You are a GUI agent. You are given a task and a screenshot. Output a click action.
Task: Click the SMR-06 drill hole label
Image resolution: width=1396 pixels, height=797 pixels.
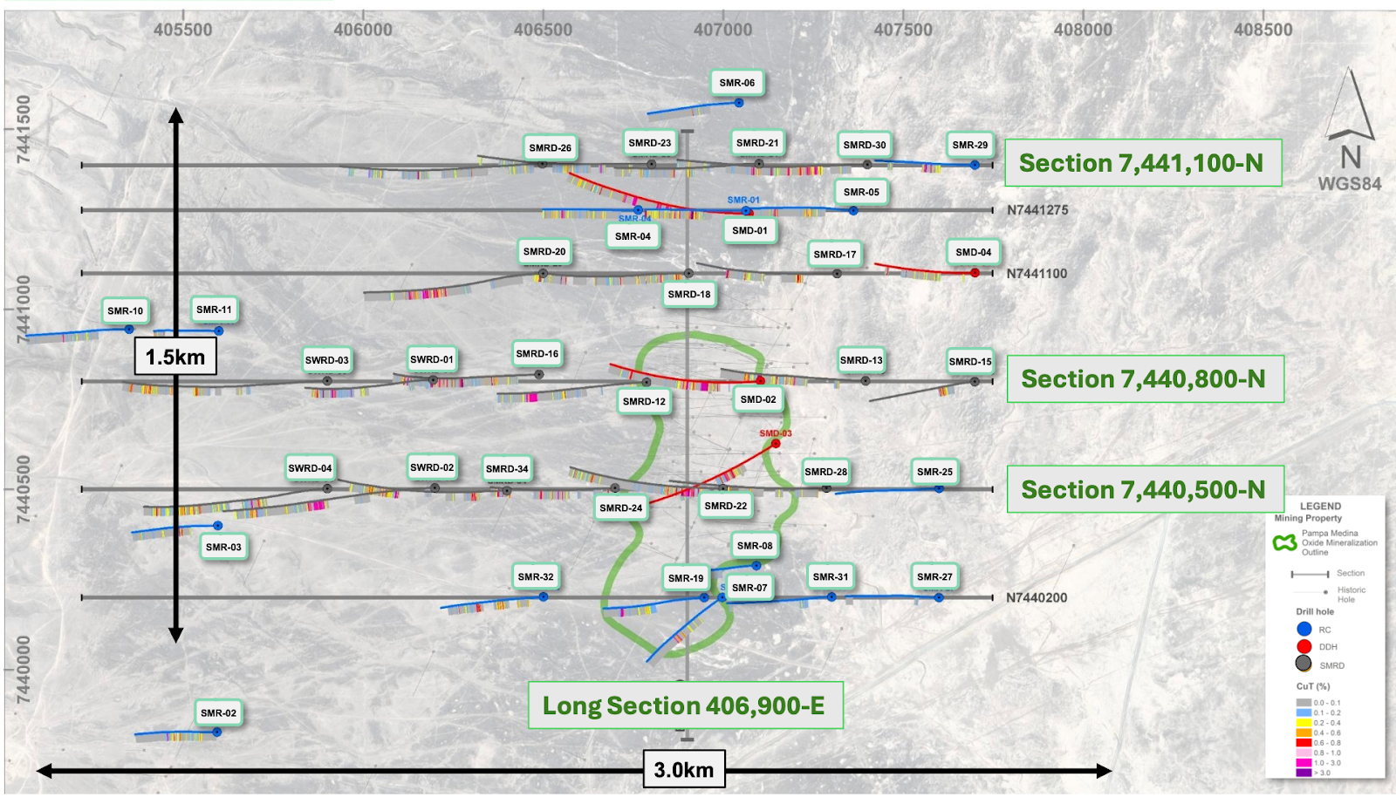[x=736, y=83]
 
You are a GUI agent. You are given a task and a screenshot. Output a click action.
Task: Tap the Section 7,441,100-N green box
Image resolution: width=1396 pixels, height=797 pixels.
[x=1142, y=163]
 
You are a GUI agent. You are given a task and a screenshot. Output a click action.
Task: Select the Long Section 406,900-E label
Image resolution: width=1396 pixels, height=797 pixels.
[x=685, y=705]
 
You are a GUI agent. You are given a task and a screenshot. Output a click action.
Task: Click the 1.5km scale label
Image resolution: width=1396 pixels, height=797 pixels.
[x=174, y=357]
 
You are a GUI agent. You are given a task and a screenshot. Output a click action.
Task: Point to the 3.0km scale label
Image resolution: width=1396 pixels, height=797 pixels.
[x=683, y=770]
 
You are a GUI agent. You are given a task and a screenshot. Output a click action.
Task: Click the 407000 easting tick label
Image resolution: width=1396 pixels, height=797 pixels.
[x=722, y=30]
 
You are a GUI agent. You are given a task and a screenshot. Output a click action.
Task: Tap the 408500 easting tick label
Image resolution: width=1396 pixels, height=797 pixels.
[x=1263, y=30]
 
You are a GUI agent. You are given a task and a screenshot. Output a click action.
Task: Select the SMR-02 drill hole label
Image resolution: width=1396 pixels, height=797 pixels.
[x=218, y=712]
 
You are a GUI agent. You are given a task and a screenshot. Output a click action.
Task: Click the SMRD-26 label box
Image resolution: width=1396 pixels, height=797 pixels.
[x=550, y=148]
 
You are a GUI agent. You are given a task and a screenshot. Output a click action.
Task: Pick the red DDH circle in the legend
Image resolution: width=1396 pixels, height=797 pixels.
[x=1304, y=646]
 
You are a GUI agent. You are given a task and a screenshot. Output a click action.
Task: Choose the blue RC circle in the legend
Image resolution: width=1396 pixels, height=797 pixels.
[x=1304, y=629]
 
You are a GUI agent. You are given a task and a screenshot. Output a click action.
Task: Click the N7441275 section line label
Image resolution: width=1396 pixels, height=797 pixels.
[x=1037, y=210]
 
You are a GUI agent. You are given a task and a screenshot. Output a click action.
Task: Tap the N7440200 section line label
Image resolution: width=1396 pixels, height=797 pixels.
[x=1037, y=598]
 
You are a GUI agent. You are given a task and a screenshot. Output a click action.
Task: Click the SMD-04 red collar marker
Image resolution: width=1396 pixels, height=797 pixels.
[x=975, y=273]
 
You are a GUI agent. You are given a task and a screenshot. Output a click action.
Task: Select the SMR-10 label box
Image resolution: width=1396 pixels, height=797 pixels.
[x=125, y=310]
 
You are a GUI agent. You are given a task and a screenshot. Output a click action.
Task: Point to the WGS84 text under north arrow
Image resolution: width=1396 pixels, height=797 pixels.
[x=1349, y=184]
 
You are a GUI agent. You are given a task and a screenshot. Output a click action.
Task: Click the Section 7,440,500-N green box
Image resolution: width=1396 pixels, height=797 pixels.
[x=1144, y=490]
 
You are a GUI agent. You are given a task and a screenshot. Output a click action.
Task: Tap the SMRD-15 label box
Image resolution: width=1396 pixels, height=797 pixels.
[x=970, y=361]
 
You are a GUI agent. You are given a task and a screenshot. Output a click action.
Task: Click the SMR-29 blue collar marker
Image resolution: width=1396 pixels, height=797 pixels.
[x=975, y=165]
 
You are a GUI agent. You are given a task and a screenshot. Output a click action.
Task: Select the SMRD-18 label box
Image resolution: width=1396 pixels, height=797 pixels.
[x=689, y=295]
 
